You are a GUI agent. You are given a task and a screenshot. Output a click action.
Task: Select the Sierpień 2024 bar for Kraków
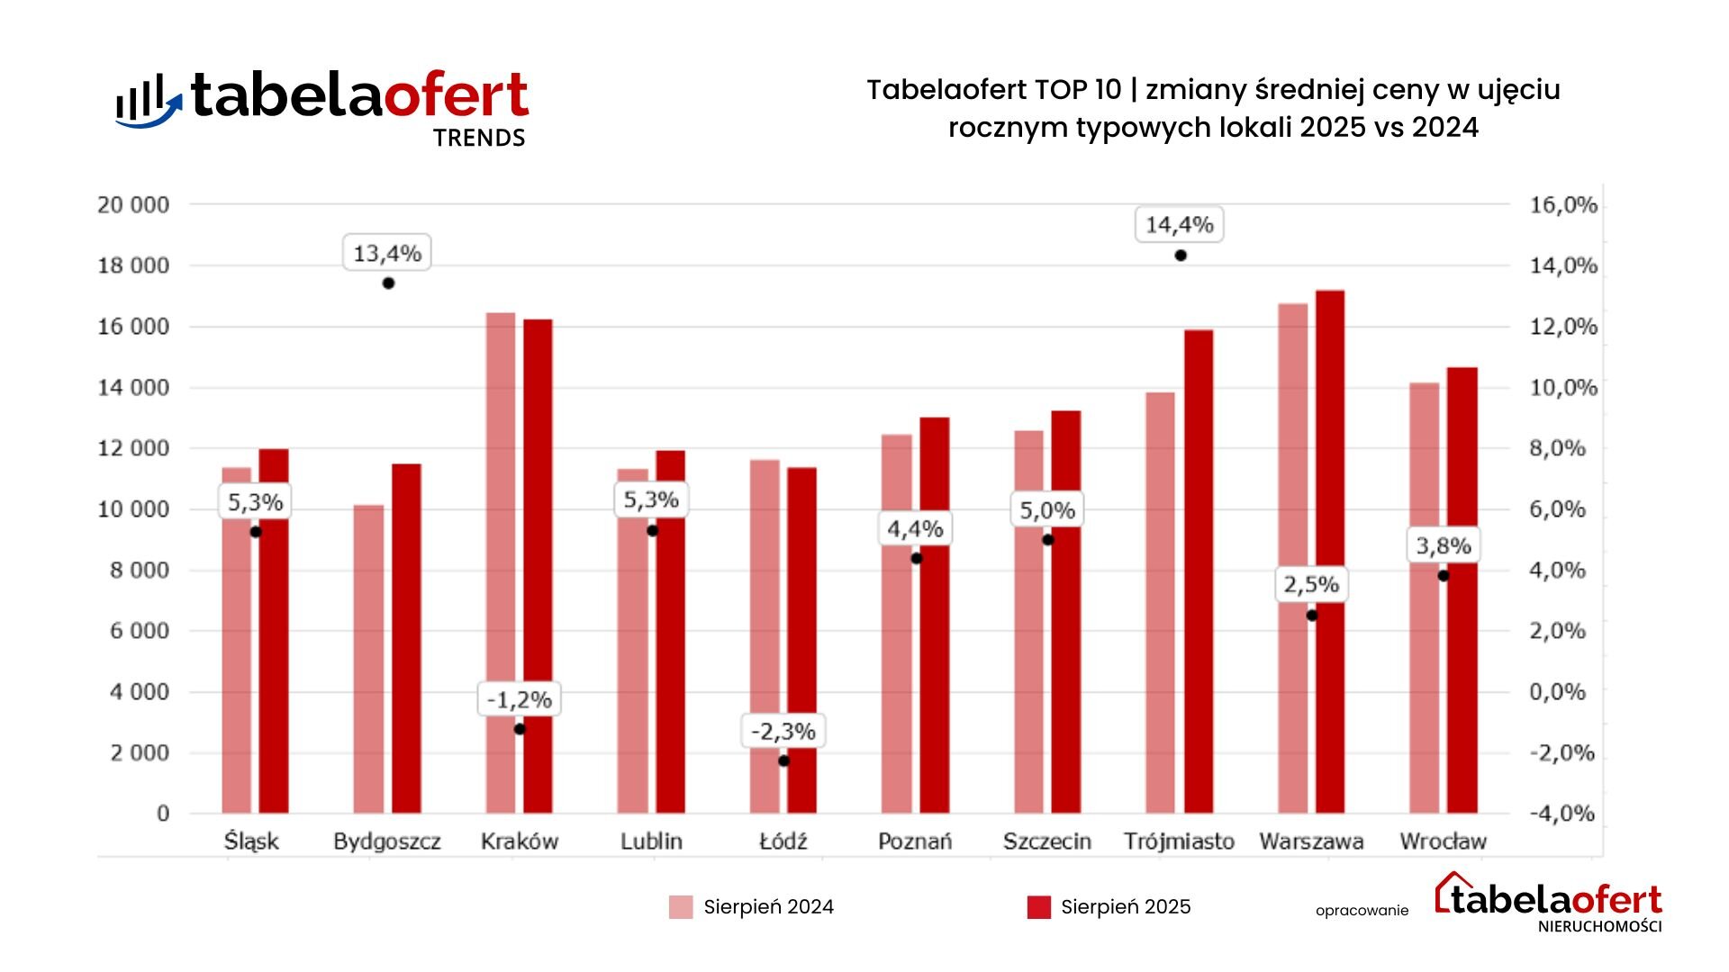pos(501,562)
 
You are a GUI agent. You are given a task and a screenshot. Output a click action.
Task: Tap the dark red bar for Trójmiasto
pos(1198,571)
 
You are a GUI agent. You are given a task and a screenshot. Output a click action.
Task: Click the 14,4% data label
pos(1179,225)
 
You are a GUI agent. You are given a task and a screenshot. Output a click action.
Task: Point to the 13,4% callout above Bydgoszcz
pos(387,254)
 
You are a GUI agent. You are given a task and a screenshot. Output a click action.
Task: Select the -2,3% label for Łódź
pos(783,732)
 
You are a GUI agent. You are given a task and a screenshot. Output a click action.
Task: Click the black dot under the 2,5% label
pos(1311,616)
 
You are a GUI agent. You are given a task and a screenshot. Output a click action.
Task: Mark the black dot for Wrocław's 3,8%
pos(1443,576)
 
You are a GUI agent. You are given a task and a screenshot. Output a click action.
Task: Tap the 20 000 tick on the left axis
pos(133,205)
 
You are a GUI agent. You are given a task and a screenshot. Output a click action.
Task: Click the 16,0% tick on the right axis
pos(1563,205)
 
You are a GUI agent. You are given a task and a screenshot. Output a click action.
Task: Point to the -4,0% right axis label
pos(1562,814)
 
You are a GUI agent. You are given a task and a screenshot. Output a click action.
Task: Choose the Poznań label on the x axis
pos(915,841)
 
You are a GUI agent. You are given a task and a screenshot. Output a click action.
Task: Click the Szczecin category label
pos(1046,841)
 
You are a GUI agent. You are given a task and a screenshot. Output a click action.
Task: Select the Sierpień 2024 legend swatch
pos(681,907)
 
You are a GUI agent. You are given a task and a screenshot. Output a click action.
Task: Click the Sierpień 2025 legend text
pos(1126,907)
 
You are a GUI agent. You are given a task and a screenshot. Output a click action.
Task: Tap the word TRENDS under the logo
pos(479,138)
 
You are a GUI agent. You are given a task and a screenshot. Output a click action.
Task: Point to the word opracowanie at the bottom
pos(1362,911)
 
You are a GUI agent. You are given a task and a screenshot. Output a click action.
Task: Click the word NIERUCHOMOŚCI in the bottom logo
pos(1599,927)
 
